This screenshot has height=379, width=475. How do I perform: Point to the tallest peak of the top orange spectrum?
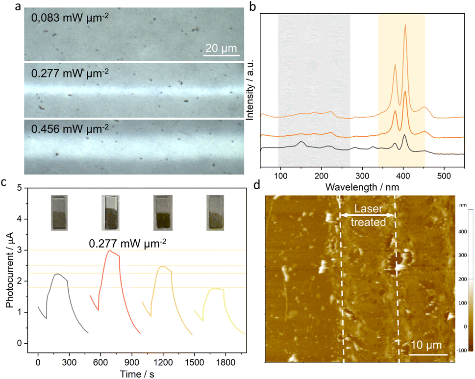[x=405, y=25]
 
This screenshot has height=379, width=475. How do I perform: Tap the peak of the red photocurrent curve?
[x=109, y=251]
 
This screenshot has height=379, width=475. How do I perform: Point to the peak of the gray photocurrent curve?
[x=57, y=274]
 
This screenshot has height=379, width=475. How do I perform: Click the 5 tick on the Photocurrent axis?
[x=19, y=188]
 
